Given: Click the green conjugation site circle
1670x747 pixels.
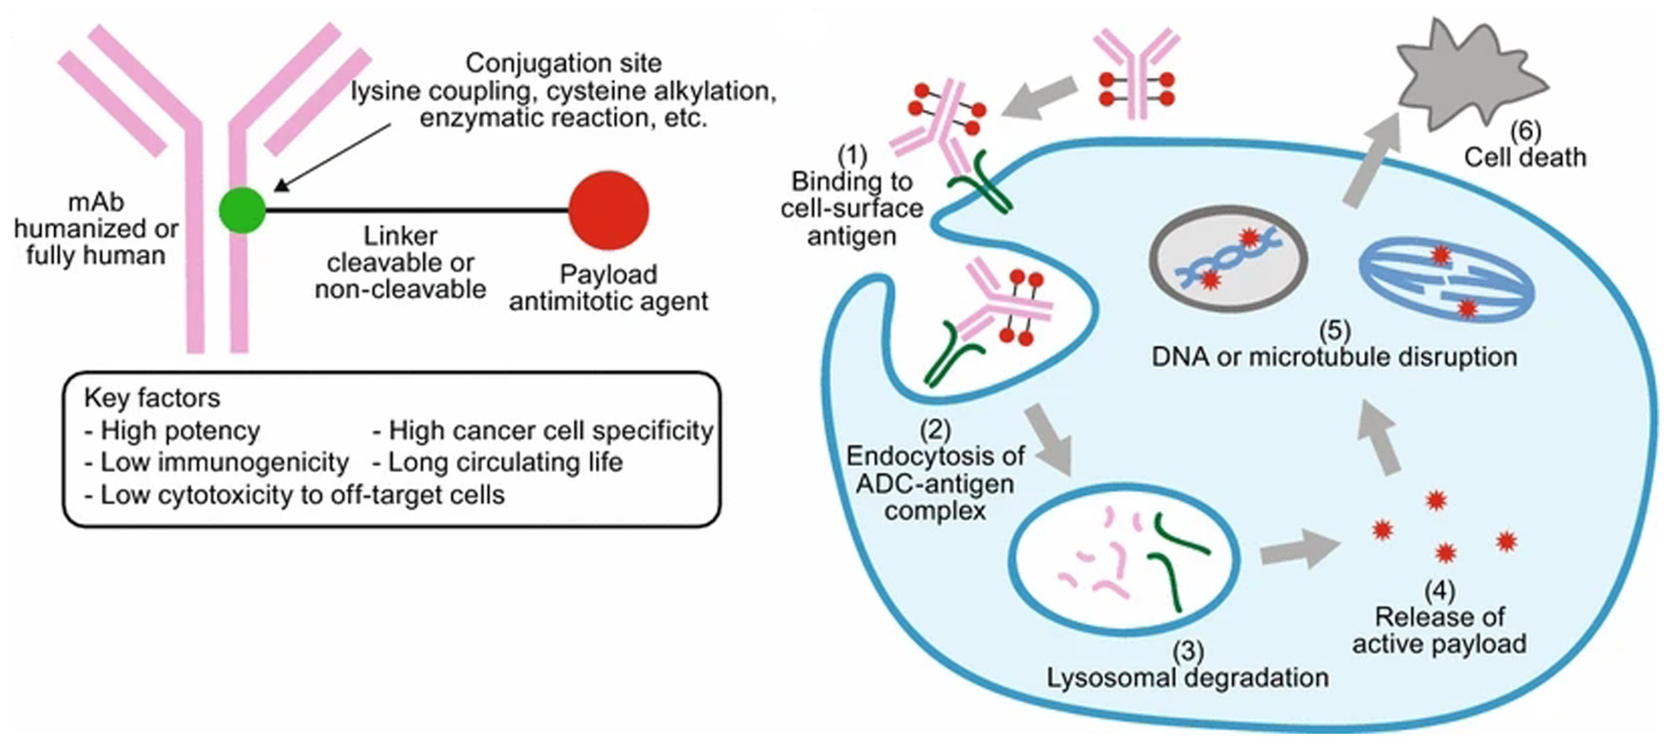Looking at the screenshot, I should (x=242, y=210).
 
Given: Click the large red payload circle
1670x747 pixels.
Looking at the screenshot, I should (x=608, y=210).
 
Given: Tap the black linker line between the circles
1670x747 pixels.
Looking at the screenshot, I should (x=415, y=210).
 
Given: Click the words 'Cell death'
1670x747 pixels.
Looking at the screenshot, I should (x=1525, y=158).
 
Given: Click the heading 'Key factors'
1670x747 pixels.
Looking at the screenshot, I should (x=152, y=398).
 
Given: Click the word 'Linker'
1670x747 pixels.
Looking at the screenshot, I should (x=400, y=236).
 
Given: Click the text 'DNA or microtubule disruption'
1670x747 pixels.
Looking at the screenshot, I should (x=1334, y=357).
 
